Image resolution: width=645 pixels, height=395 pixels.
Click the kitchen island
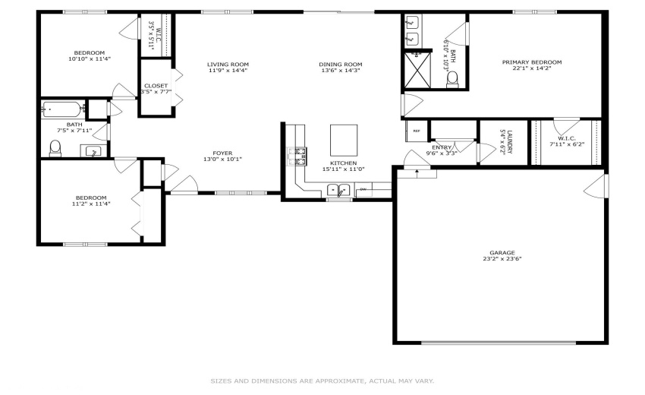pos(343,139)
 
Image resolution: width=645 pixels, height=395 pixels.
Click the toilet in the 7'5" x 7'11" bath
pos(55,149)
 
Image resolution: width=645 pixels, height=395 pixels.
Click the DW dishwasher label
pos(363,189)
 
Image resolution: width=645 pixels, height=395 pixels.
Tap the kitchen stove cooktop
pos(297,156)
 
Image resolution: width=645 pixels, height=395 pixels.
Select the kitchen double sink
pos(339,190)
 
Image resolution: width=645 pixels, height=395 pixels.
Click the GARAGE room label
pos(502,253)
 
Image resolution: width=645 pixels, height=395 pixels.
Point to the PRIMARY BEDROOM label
pos(531,62)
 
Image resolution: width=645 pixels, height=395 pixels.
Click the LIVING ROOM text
pos(228,65)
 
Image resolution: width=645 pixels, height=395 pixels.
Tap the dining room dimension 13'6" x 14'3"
pos(340,71)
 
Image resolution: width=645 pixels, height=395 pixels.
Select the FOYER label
pos(222,153)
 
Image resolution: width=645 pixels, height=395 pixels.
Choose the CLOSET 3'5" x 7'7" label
pos(156,86)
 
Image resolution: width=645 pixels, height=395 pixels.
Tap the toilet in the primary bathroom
pos(452,81)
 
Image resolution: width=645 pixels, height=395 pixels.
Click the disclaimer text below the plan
pos(322,381)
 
